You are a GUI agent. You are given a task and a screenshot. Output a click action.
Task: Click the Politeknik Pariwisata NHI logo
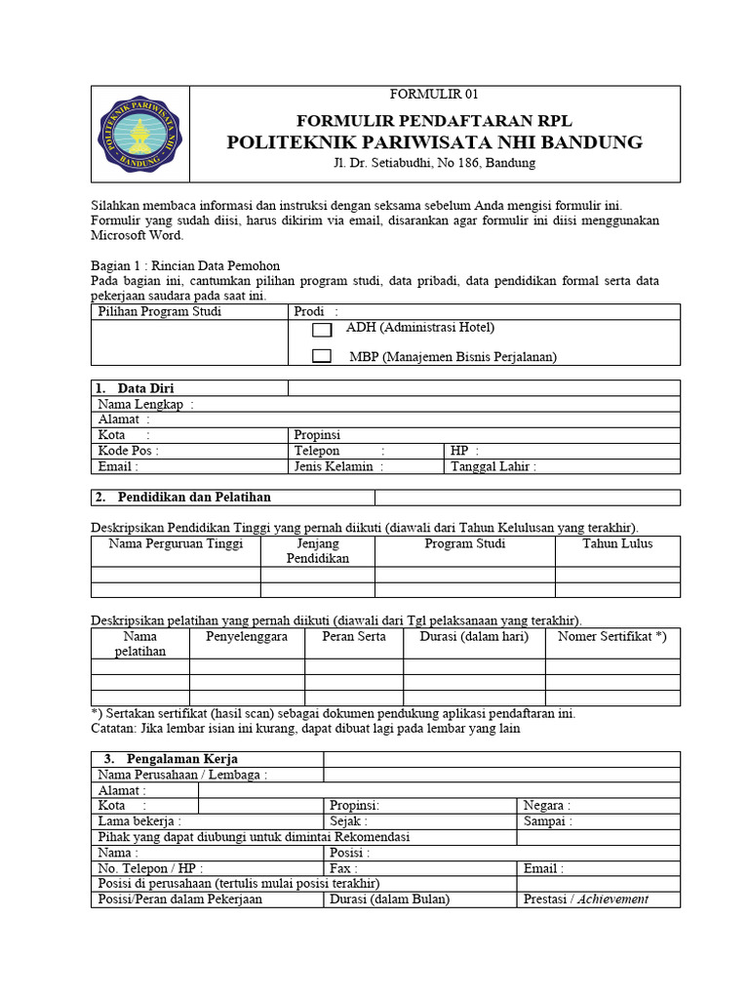pyautogui.click(x=139, y=134)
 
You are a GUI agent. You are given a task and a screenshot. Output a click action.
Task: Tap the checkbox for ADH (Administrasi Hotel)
pyautogui.click(x=322, y=331)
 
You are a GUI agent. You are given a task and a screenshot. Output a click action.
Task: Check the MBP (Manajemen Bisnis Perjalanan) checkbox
pyautogui.click(x=322, y=357)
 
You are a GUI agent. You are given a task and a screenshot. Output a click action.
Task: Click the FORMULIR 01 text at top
pyautogui.click(x=434, y=95)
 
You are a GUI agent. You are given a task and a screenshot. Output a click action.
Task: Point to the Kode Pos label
pyautogui.click(x=128, y=451)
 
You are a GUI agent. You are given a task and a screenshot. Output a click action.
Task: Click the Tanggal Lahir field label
pyautogui.click(x=493, y=466)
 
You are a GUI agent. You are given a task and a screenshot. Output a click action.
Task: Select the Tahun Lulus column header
pyautogui.click(x=617, y=543)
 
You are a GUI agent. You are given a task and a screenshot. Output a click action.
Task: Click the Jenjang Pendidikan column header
pyautogui.click(x=317, y=551)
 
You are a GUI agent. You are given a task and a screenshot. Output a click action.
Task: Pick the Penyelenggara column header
pyautogui.click(x=247, y=636)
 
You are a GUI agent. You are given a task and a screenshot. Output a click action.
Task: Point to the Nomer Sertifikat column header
pyautogui.click(x=611, y=636)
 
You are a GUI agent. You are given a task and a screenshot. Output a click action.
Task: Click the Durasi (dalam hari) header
pyautogui.click(x=474, y=636)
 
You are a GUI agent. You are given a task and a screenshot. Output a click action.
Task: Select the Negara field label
pyautogui.click(x=547, y=806)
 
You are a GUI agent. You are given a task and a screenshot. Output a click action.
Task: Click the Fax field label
pyautogui.click(x=343, y=868)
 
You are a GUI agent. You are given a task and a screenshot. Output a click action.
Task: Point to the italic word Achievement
pyautogui.click(x=612, y=899)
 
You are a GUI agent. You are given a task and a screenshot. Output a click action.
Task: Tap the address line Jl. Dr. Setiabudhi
pyautogui.click(x=434, y=163)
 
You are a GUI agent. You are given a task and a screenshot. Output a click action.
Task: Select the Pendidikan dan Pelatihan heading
pyautogui.click(x=194, y=498)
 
